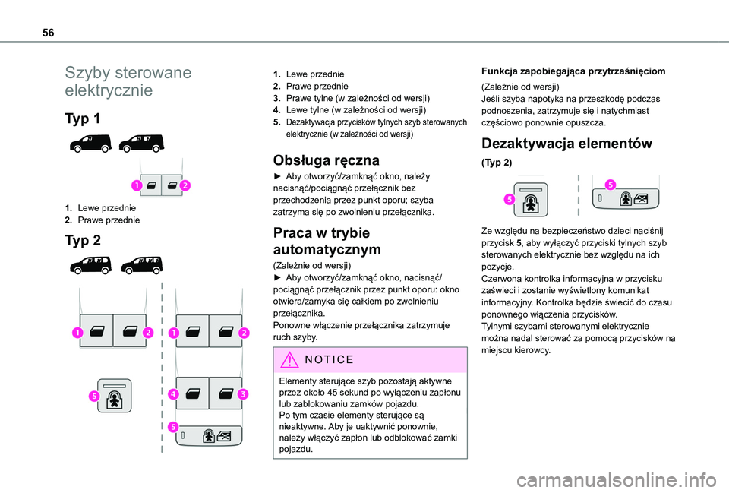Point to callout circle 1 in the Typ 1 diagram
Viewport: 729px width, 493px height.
pos(137,185)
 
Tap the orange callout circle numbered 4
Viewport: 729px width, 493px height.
pos(173,394)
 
